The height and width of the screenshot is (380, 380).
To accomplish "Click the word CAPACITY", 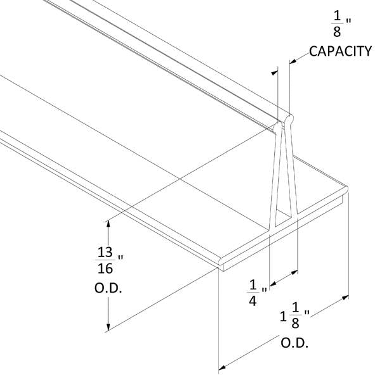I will pos(341,51).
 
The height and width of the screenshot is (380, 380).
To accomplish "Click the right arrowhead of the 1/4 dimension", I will pos(295,273).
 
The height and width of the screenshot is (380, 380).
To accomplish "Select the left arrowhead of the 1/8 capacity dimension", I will pos(274,73).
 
